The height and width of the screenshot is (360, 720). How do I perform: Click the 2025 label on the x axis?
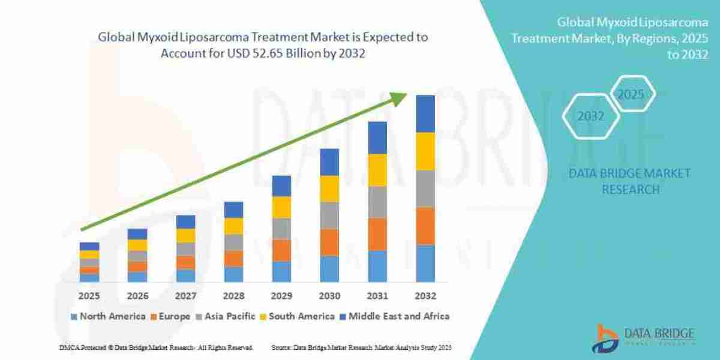click(x=89, y=296)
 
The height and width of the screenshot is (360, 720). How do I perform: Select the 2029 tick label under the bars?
click(x=281, y=296)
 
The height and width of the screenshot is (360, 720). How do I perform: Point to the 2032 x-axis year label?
click(x=425, y=296)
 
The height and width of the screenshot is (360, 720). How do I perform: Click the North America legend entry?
click(x=108, y=316)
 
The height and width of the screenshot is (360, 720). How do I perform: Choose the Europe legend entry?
click(x=170, y=316)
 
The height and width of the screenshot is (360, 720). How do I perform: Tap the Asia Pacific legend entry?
click(x=227, y=316)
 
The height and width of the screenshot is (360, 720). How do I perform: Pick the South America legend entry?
click(x=298, y=316)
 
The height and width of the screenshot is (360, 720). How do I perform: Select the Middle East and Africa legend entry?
click(x=394, y=316)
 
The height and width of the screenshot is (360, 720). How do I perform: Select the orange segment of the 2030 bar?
click(x=329, y=242)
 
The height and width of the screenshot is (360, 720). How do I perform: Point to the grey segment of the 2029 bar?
click(x=281, y=229)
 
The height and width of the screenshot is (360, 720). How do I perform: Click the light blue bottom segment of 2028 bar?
click(x=233, y=274)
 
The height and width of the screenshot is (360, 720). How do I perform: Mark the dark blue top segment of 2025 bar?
click(x=89, y=246)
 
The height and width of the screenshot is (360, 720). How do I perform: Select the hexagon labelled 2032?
click(x=590, y=116)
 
